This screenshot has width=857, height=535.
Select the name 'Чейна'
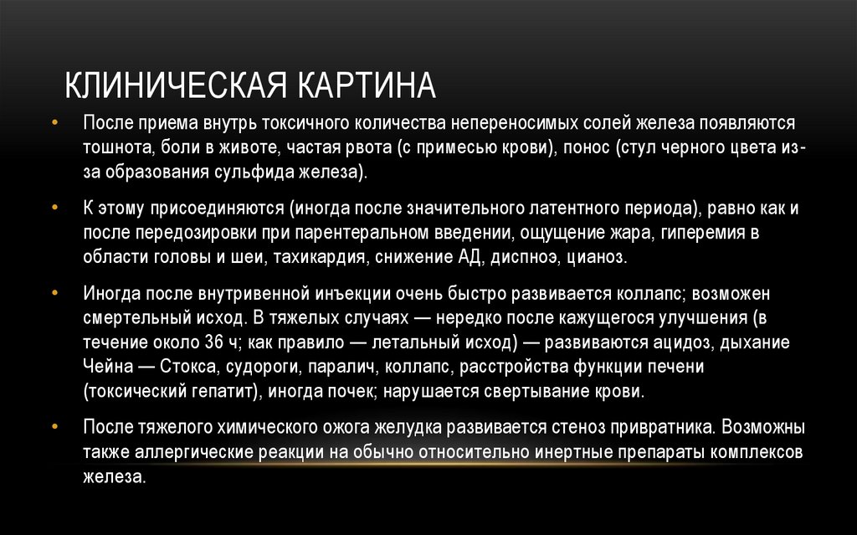click(x=105, y=368)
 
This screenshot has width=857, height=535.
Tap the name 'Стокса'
click(x=184, y=368)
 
